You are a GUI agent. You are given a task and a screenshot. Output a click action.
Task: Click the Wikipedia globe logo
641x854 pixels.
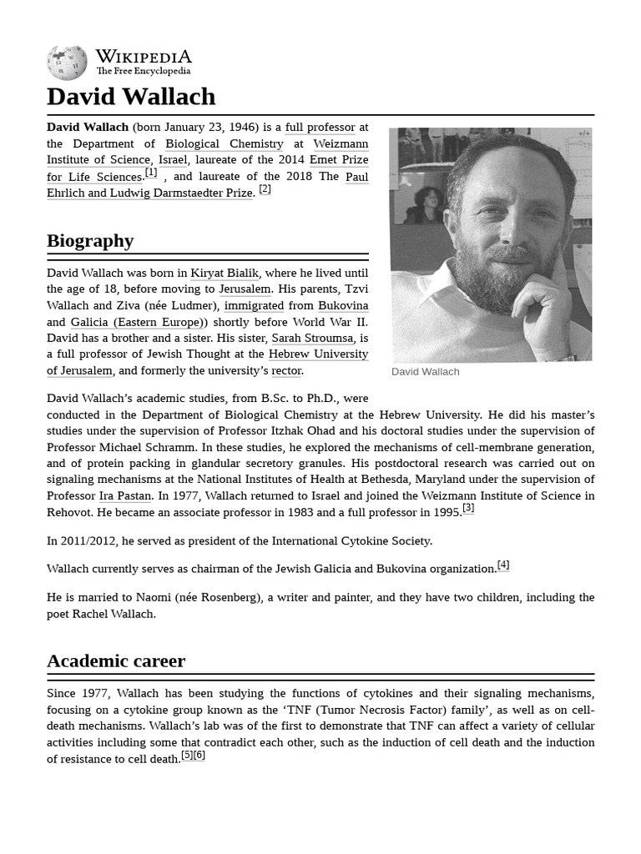[67, 63]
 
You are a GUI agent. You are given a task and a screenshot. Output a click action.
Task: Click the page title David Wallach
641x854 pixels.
[131, 97]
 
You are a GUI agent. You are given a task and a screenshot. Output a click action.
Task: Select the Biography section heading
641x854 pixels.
[90, 241]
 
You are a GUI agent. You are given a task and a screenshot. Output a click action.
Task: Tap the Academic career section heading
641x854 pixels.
[116, 661]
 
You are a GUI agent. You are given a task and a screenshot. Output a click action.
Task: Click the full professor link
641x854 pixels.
[320, 128]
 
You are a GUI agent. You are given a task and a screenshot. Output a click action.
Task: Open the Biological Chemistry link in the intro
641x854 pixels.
[224, 144]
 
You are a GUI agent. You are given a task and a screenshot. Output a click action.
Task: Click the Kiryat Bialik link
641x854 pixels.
[225, 273]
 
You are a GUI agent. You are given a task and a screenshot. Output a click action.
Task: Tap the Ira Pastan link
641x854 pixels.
[124, 495]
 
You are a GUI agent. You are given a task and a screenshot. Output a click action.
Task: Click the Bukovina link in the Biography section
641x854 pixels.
[343, 305]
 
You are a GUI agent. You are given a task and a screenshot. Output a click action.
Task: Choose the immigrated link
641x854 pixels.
[254, 305]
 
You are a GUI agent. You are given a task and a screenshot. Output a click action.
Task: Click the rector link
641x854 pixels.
[286, 370]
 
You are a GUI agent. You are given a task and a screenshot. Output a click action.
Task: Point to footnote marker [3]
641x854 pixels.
[468, 508]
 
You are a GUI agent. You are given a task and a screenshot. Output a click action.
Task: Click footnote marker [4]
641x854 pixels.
[503, 565]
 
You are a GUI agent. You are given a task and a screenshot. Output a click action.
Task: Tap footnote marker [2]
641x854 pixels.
[265, 189]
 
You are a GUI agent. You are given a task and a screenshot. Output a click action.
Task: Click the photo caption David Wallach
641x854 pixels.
[425, 372]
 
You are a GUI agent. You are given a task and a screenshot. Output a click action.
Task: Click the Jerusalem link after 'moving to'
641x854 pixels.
[245, 289]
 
